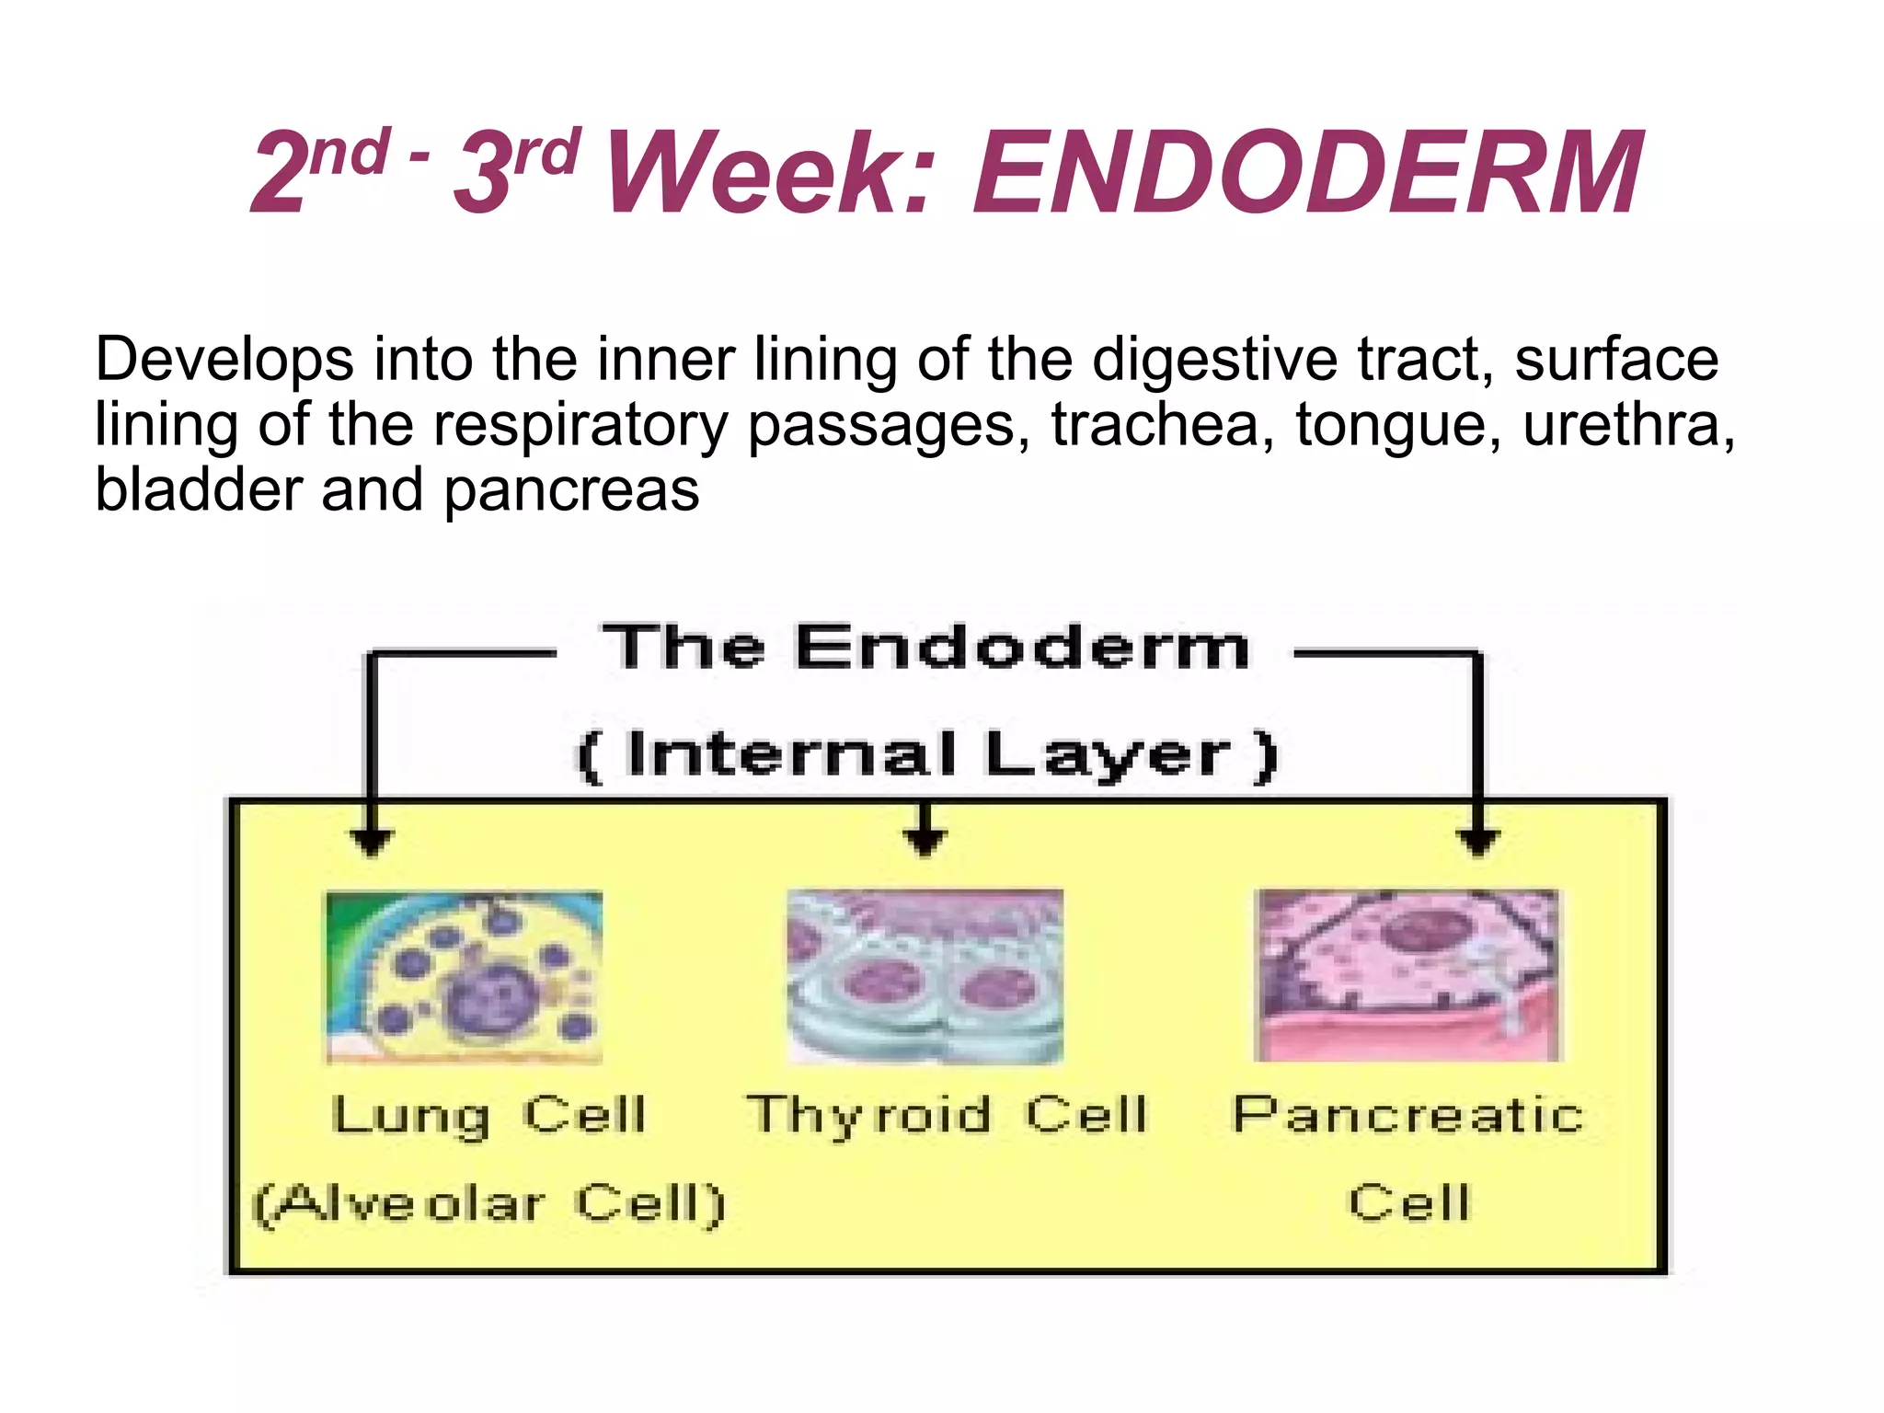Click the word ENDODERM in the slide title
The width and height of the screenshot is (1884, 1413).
pyautogui.click(x=1308, y=173)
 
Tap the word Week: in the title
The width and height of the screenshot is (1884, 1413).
pyautogui.click(x=771, y=173)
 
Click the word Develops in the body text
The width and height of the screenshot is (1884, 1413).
pyautogui.click(x=224, y=361)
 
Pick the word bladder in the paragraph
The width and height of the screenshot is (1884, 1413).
pyautogui.click(x=199, y=489)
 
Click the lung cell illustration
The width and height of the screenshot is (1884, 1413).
pyautogui.click(x=465, y=977)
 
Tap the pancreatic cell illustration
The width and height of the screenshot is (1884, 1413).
pyautogui.click(x=1407, y=975)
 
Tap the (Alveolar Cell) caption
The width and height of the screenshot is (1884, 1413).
pyautogui.click(x=489, y=1203)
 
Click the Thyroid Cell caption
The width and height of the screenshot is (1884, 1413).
pyautogui.click(x=948, y=1115)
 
